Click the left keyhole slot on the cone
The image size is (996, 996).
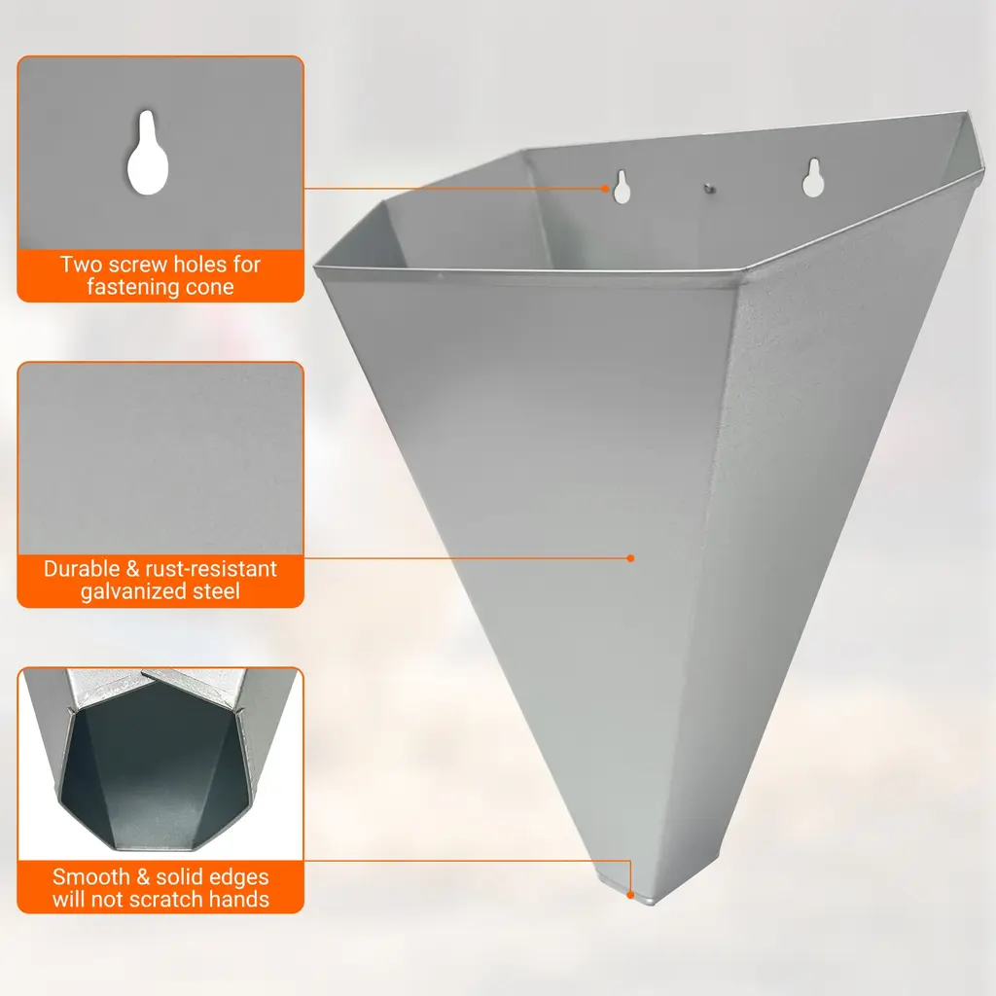click(622, 187)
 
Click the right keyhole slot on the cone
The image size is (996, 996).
click(813, 179)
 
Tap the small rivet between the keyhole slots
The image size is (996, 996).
click(709, 188)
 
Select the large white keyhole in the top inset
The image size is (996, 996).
click(148, 153)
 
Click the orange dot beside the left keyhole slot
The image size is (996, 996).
click(605, 188)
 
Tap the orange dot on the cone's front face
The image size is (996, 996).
click(630, 558)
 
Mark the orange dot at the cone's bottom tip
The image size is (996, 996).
click(630, 895)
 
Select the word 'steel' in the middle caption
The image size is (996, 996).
click(216, 591)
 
